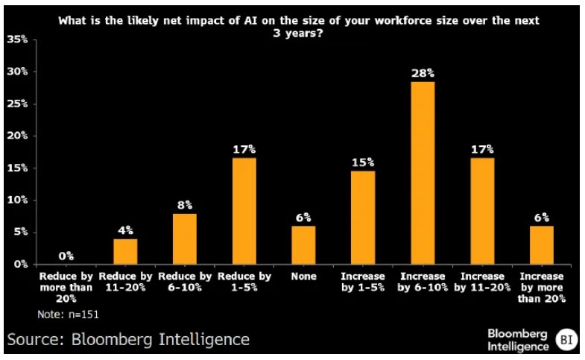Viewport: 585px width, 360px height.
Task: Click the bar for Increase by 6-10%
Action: (423, 173)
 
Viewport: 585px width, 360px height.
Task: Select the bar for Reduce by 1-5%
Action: (244, 211)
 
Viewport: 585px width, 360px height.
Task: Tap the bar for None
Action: (303, 245)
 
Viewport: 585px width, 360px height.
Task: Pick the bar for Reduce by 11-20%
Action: (126, 252)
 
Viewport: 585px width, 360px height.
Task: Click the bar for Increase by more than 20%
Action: (541, 245)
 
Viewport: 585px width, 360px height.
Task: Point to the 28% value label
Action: (423, 73)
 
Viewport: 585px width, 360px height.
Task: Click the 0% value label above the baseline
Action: (66, 256)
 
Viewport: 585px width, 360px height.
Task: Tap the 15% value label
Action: (363, 162)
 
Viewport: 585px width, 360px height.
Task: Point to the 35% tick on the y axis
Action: (18, 40)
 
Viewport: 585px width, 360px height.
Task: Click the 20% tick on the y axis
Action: (18, 136)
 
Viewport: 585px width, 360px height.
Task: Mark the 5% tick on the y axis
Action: (20, 232)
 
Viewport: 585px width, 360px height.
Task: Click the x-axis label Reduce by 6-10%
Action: (184, 281)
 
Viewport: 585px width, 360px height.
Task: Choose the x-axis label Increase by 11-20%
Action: (481, 281)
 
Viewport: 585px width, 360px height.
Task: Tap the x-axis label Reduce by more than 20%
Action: (66, 287)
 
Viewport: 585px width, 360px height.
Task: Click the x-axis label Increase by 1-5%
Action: (363, 281)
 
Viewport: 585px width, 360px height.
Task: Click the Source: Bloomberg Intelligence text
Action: (128, 340)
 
